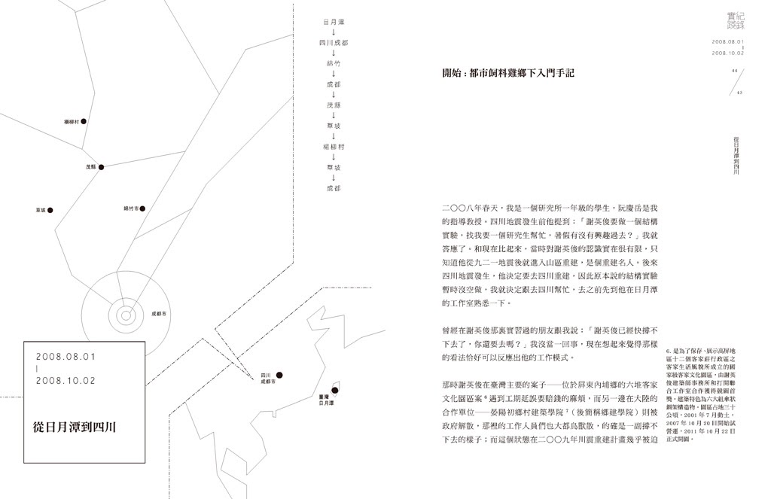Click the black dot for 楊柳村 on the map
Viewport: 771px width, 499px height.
[84, 120]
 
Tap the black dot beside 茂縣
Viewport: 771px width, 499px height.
[101, 167]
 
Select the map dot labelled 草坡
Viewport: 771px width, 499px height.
[50, 210]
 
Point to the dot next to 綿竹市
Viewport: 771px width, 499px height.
[142, 208]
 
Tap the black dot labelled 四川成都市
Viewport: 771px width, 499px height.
[279, 375]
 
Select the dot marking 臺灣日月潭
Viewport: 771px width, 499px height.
[334, 390]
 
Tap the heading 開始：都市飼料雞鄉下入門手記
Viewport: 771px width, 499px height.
[508, 73]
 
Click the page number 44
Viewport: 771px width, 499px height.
[733, 71]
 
